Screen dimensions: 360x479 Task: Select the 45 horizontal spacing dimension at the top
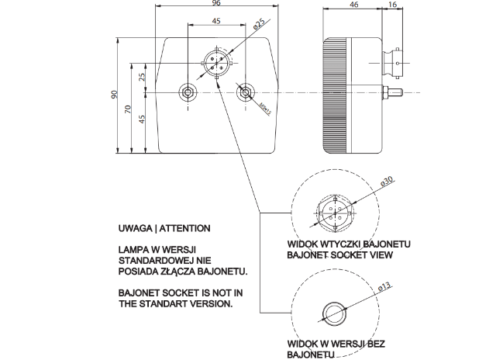(x=216, y=22)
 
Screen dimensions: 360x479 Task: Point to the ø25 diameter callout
(x=260, y=26)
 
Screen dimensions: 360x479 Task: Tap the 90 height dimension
(x=114, y=94)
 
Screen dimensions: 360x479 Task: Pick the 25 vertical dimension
(x=143, y=78)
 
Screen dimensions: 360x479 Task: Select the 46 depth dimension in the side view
(x=353, y=5)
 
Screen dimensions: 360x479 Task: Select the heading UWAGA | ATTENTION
(x=164, y=230)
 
